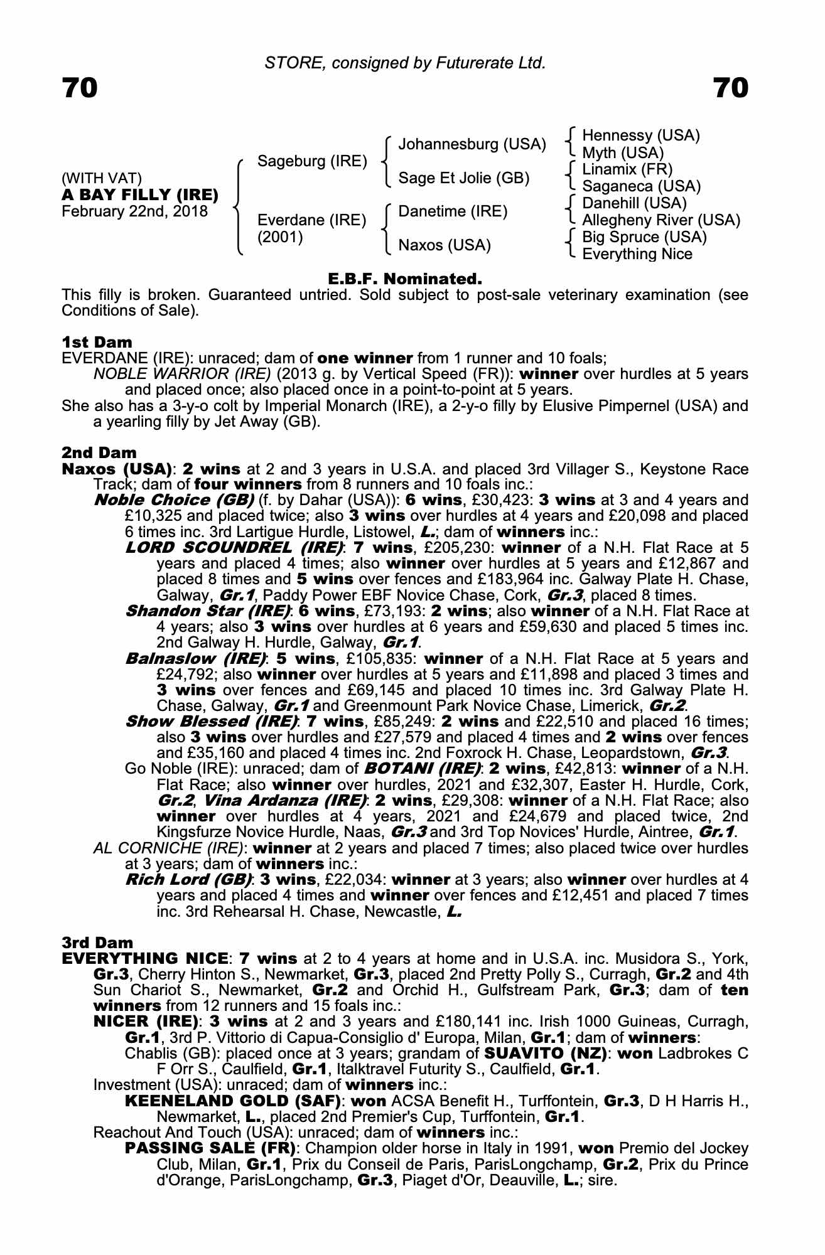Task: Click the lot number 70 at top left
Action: (80, 88)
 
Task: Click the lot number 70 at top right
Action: (731, 88)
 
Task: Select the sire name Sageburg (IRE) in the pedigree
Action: (312, 161)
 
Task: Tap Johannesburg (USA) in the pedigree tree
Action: (472, 144)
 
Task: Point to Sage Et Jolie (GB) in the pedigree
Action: (464, 178)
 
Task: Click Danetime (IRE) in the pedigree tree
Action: (453, 211)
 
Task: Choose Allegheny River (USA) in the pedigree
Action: (661, 220)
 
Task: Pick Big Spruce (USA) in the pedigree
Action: (644, 237)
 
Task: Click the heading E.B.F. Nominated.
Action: (405, 279)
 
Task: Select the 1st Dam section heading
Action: (97, 343)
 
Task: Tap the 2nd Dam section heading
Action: (99, 452)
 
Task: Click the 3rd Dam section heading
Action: (98, 943)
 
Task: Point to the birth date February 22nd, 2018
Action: (134, 211)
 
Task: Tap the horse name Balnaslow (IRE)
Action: (196, 659)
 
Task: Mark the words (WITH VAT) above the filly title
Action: (102, 178)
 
